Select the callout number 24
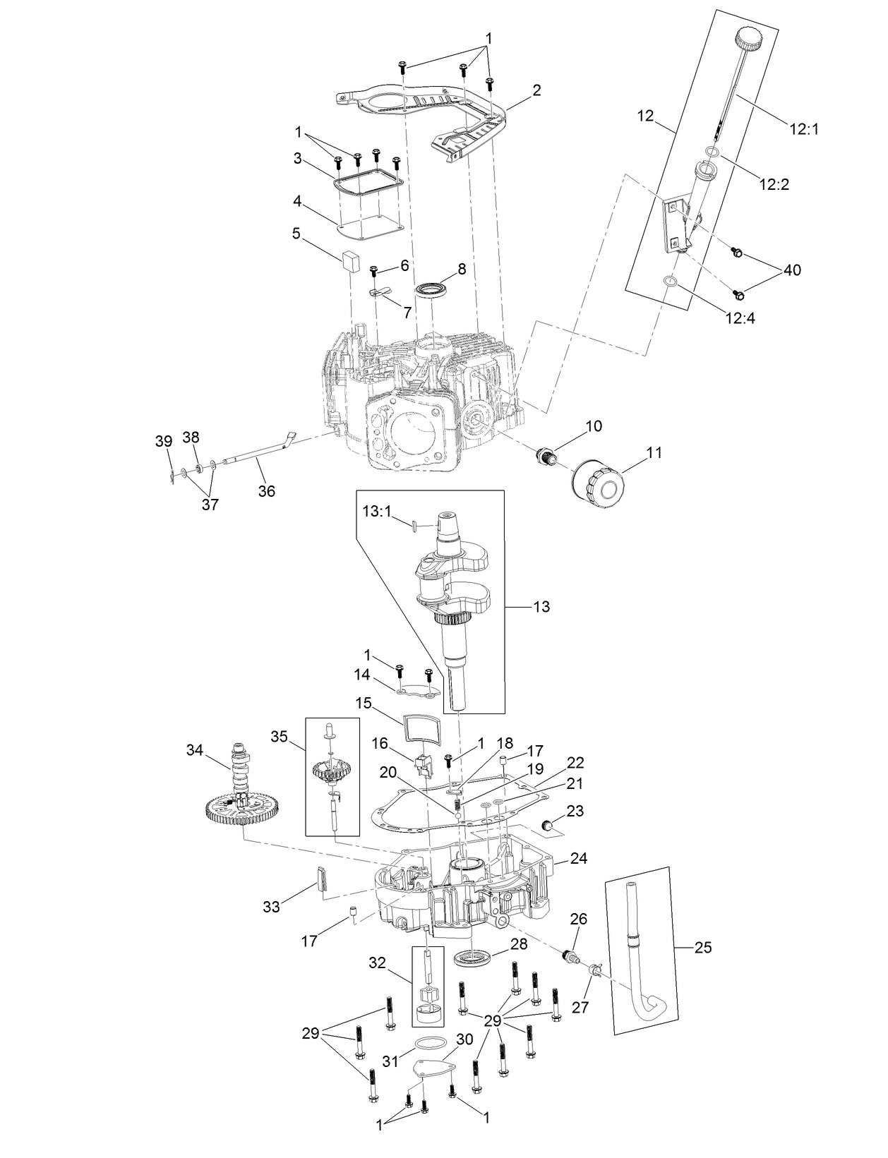(x=579, y=859)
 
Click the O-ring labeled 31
(x=430, y=1045)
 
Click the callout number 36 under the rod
(x=266, y=491)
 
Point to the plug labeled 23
(x=548, y=825)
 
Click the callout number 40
(x=792, y=270)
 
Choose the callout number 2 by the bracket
(x=537, y=90)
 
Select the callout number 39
(x=163, y=441)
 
